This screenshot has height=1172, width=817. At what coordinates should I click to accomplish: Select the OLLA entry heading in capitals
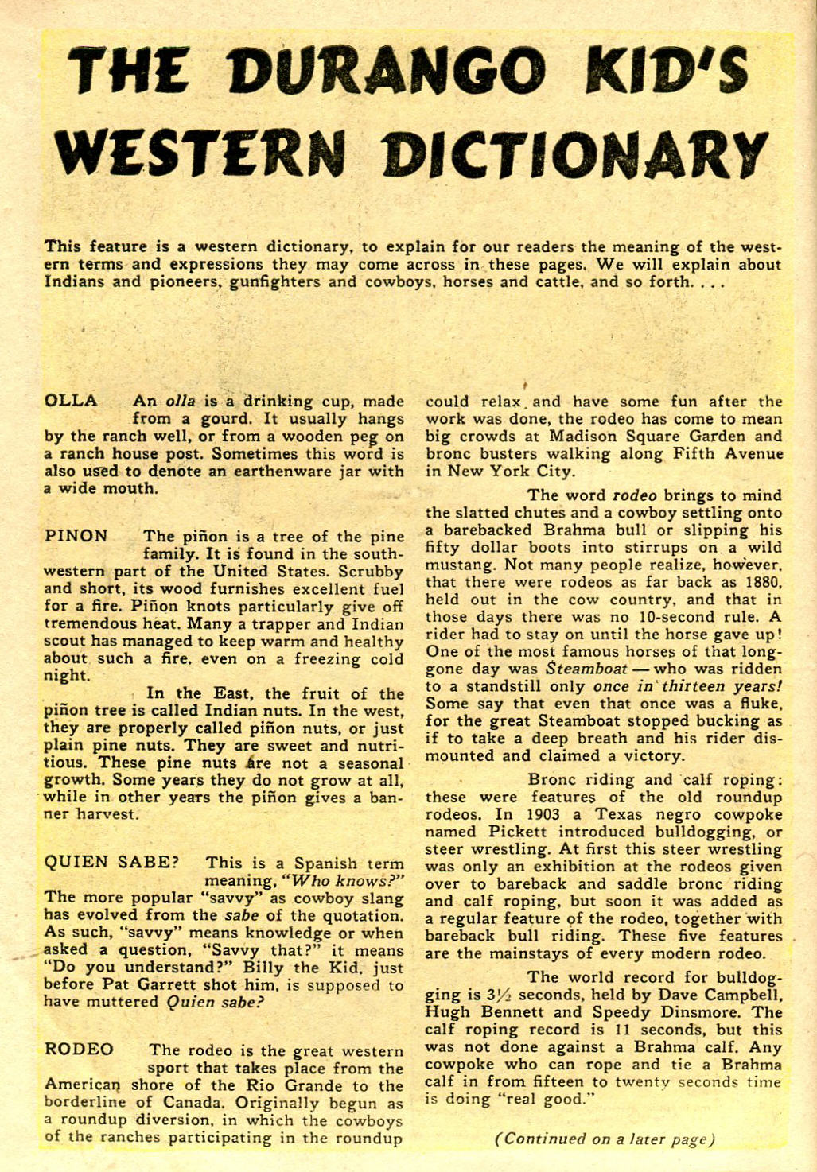(x=71, y=401)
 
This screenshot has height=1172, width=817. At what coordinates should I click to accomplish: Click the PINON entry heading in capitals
(x=76, y=536)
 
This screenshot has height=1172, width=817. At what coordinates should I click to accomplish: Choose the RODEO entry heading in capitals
(x=79, y=1050)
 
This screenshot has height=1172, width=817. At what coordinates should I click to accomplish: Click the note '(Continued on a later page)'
(x=604, y=1139)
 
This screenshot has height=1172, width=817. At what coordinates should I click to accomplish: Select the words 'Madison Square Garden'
(x=625, y=437)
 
